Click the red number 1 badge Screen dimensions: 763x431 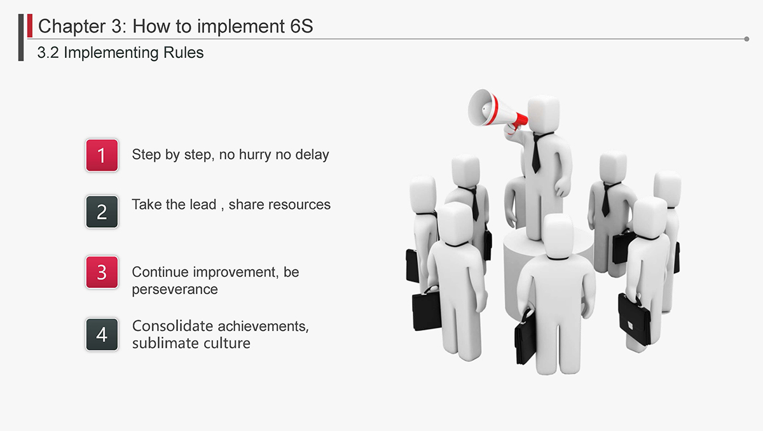tap(102, 155)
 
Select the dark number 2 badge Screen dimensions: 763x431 tap(102, 211)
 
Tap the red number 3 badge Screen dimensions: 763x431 tap(102, 272)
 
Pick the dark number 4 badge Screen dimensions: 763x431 tap(102, 334)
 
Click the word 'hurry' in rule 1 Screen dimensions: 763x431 tap(255, 155)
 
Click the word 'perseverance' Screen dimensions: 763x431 tap(175, 290)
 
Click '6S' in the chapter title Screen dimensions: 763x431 tap(301, 26)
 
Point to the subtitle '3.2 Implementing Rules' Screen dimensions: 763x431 tap(120, 53)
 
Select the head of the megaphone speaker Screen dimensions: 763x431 tap(543, 114)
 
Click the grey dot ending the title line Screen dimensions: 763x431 tap(746, 39)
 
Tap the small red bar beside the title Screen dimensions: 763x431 tap(30, 25)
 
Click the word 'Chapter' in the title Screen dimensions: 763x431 tap(72, 26)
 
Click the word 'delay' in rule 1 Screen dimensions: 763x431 tap(312, 155)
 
